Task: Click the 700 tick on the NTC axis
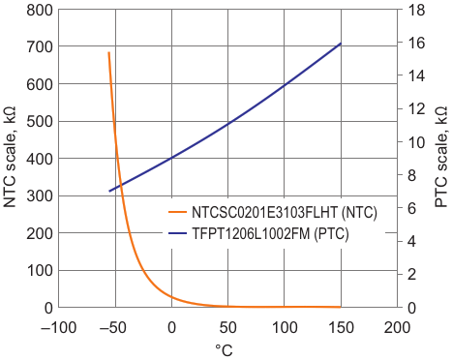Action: pyautogui.click(x=40, y=47)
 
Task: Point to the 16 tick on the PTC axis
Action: pyautogui.click(x=415, y=43)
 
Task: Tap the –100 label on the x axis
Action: pyautogui.click(x=58, y=328)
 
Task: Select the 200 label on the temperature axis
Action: pyautogui.click(x=398, y=328)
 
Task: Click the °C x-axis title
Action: pyautogui.click(x=224, y=350)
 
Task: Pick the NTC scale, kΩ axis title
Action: pyautogui.click(x=10, y=157)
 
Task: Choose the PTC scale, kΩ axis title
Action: pyautogui.click(x=441, y=157)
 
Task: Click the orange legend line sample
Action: pyautogui.click(x=177, y=212)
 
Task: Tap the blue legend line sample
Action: pyautogui.click(x=177, y=233)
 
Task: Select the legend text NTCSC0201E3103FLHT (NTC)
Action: pyautogui.click(x=285, y=212)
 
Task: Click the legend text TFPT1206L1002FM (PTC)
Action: pyautogui.click(x=270, y=233)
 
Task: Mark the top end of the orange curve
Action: pyautogui.click(x=109, y=52)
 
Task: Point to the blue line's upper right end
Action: pyautogui.click(x=341, y=44)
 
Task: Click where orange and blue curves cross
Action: pyautogui.click(x=121, y=186)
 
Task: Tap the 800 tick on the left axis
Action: pyautogui.click(x=40, y=11)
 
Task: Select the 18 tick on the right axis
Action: pyautogui.click(x=415, y=11)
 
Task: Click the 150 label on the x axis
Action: pyautogui.click(x=341, y=328)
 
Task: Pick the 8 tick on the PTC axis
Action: pyautogui.click(x=410, y=175)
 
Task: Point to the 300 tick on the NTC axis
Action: pyautogui.click(x=40, y=195)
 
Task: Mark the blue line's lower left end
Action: pyautogui.click(x=109, y=192)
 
